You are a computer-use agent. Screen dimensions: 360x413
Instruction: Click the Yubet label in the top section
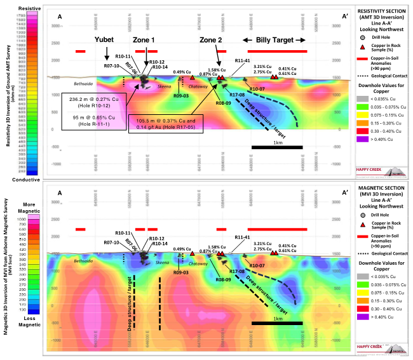pos(104,39)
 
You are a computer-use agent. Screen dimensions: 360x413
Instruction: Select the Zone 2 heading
pos(211,39)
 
